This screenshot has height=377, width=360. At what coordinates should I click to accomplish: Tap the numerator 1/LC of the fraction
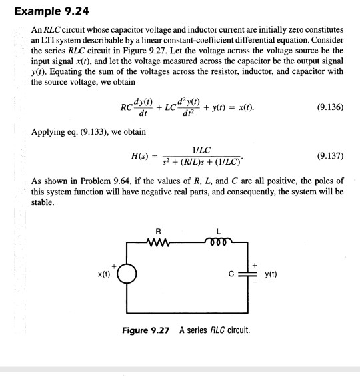pyautogui.click(x=201, y=151)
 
